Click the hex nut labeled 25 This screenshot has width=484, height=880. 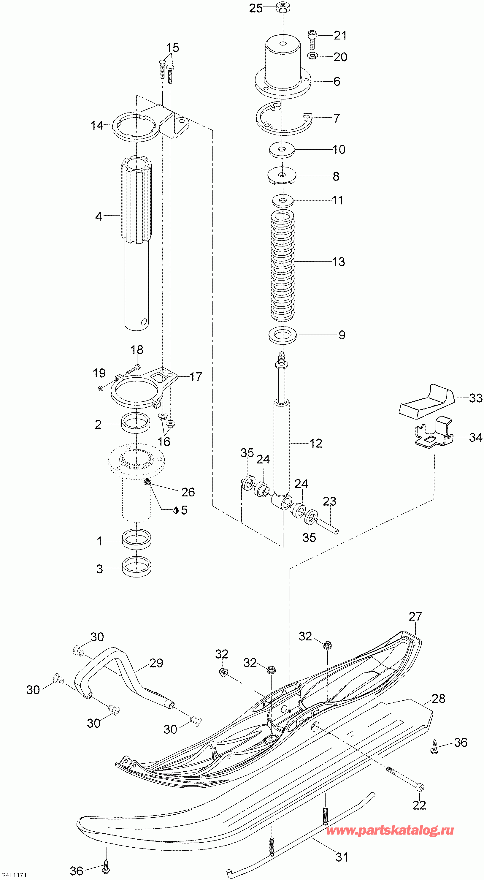[283, 7]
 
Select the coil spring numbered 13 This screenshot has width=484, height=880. [283, 266]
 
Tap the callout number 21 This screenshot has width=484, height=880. [340, 35]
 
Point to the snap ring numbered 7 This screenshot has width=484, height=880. [284, 118]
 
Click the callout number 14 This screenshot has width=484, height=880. [97, 125]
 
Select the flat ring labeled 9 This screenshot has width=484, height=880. [283, 335]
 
